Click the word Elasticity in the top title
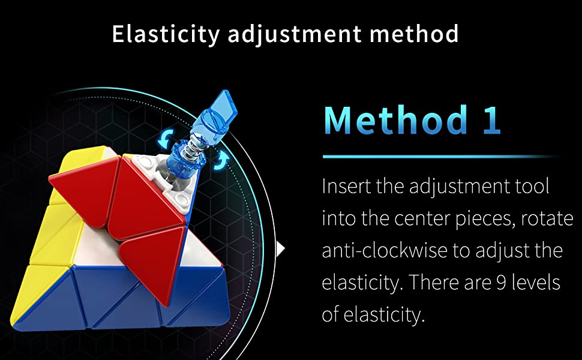click(166, 35)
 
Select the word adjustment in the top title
click(295, 35)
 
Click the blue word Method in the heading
click(395, 119)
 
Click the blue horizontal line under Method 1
click(440, 157)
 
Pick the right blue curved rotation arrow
click(222, 160)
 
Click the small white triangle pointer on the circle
click(281, 249)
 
